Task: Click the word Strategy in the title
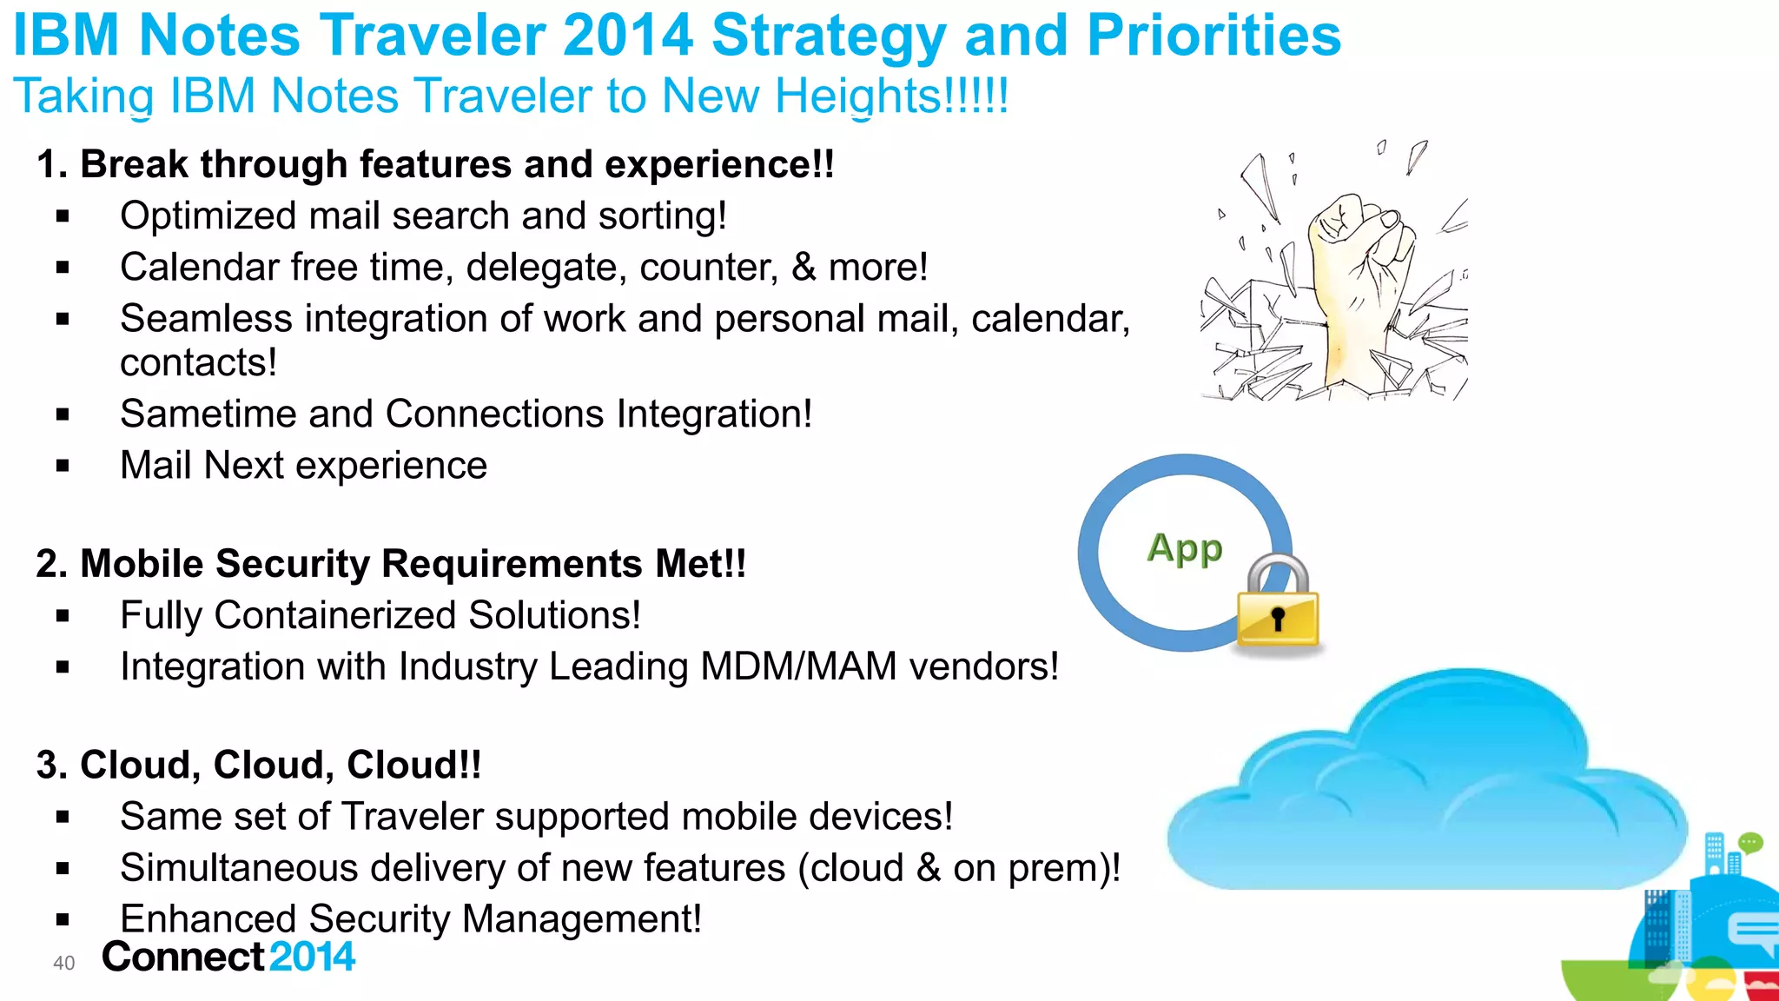pyautogui.click(x=828, y=36)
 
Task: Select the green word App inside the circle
pyautogui.click(x=1185, y=549)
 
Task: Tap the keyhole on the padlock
pyautogui.click(x=1278, y=619)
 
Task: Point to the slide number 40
pyautogui.click(x=64, y=963)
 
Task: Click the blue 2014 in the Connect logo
pyautogui.click(x=312, y=957)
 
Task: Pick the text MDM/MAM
pyautogui.click(x=798, y=667)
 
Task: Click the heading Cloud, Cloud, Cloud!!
pyautogui.click(x=258, y=766)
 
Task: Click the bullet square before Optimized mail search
pyautogui.click(x=63, y=216)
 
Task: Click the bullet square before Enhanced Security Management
pyautogui.click(x=63, y=919)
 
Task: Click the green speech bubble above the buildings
pyautogui.click(x=1750, y=842)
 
